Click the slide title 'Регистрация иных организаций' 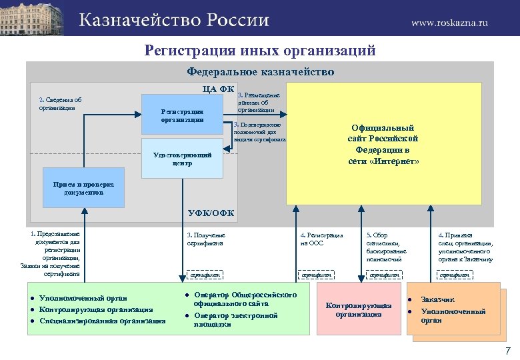260,51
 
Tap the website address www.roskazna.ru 449,22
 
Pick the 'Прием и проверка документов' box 84,188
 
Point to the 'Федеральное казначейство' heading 260,71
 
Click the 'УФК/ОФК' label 211,213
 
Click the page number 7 507,351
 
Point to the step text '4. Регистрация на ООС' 321,239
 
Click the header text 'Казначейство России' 174,20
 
